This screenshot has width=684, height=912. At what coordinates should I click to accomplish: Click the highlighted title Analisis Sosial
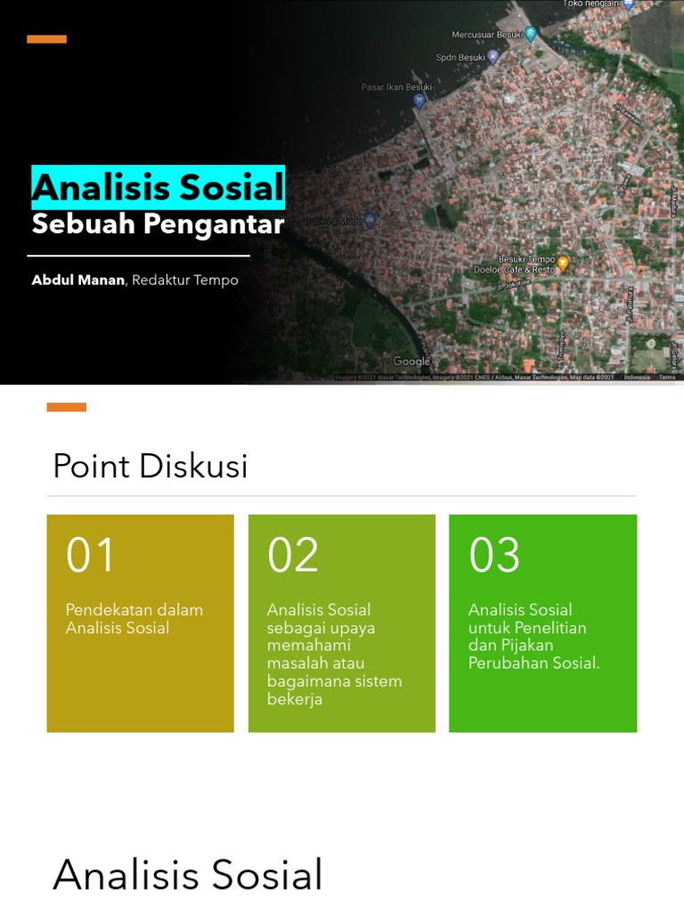[x=159, y=188]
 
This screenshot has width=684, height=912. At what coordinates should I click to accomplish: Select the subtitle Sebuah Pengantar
[x=158, y=224]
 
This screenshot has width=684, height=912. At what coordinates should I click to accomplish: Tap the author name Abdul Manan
[x=78, y=280]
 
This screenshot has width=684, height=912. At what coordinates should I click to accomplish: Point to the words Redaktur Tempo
[x=185, y=280]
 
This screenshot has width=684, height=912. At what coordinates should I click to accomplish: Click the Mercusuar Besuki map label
[x=484, y=35]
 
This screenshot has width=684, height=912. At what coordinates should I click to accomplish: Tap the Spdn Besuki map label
[x=460, y=57]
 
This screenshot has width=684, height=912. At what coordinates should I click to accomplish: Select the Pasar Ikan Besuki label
[x=395, y=87]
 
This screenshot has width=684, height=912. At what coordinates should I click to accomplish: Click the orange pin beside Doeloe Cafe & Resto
[x=562, y=263]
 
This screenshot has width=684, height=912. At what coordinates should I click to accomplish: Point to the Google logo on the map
[x=411, y=362]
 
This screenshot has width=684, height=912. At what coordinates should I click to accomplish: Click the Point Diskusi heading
[x=150, y=466]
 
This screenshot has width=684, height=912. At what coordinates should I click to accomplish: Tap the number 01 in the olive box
[x=90, y=555]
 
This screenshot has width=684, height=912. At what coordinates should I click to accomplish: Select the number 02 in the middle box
[x=292, y=555]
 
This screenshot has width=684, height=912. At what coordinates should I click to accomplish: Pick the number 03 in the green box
[x=494, y=555]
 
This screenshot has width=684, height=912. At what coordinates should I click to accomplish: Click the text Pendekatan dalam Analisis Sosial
[x=134, y=619]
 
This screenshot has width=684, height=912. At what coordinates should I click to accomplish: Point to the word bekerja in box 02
[x=294, y=699]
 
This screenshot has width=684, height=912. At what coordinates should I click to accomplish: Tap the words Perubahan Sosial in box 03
[x=533, y=664]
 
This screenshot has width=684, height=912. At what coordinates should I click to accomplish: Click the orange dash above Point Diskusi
[x=66, y=407]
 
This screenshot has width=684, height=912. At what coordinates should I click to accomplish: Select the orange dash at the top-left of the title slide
[x=46, y=39]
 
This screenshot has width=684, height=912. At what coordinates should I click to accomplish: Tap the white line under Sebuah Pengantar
[x=141, y=256]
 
